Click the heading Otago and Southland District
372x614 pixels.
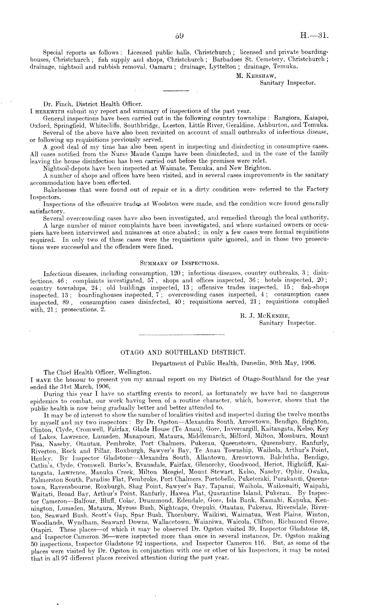pyautogui.click(x=183, y=352)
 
